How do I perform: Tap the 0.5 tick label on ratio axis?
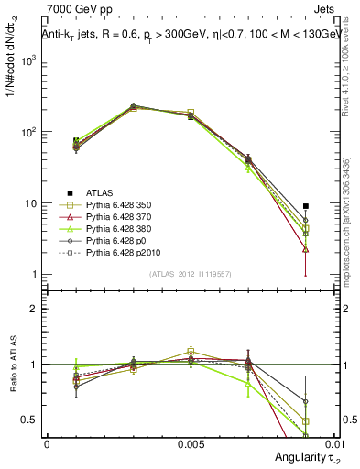click(30, 420)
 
